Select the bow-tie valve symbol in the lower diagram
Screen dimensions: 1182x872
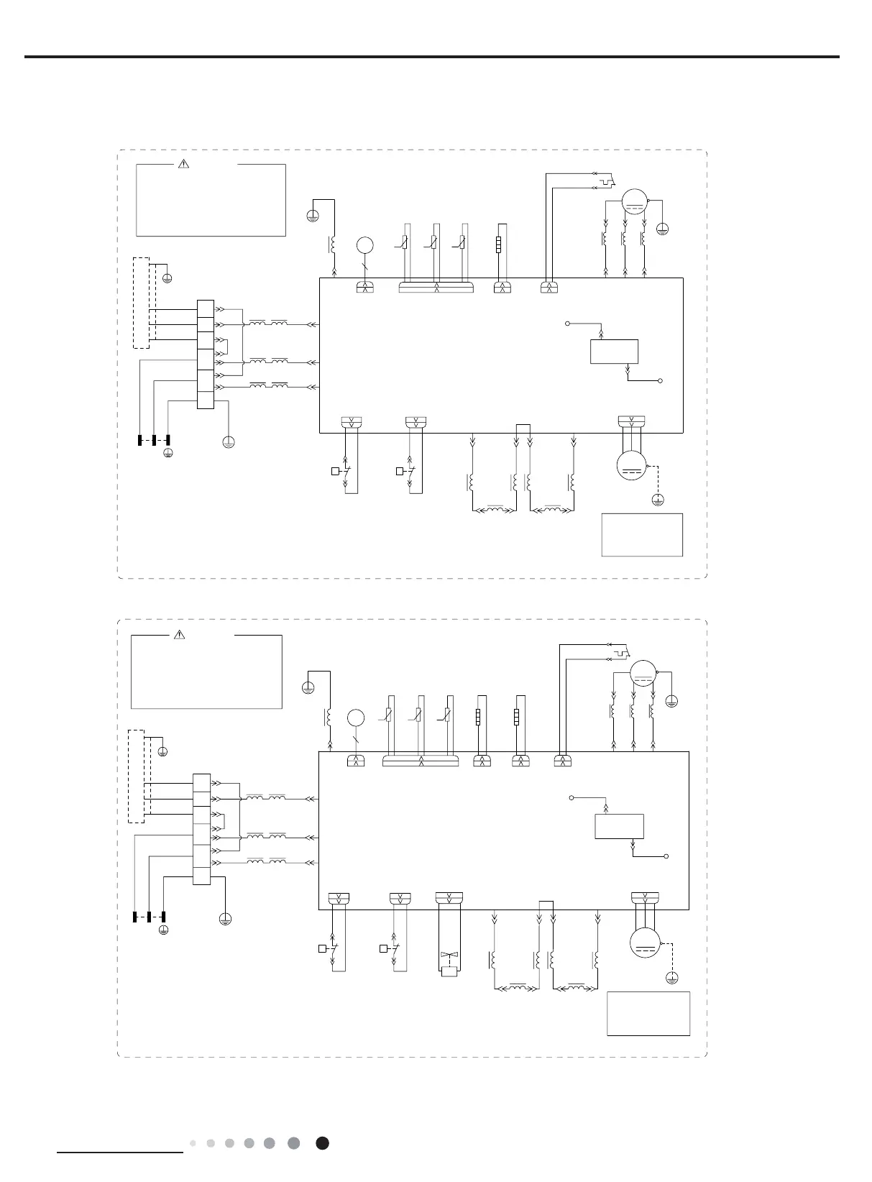pos(450,957)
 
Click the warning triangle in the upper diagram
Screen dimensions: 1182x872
pos(183,163)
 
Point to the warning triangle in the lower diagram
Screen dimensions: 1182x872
pos(180,635)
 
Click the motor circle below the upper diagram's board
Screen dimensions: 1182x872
pos(633,464)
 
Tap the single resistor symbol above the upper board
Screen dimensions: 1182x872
pos(499,242)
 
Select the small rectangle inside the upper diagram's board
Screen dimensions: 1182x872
pos(614,352)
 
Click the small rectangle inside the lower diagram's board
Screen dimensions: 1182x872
pos(619,826)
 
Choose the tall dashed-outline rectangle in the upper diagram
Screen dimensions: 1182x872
pos(142,302)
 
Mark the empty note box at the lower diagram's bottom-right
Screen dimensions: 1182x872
pos(648,1014)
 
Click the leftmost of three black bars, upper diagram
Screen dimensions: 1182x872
pos(139,440)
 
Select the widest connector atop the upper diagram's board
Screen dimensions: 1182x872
pos(436,288)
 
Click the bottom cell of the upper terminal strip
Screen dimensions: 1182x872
pos(206,400)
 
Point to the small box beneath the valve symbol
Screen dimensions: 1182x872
pos(450,973)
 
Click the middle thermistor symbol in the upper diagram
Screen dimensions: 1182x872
pos(434,244)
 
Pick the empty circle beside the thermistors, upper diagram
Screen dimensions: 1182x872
pos(365,245)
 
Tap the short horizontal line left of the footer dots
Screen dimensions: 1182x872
pos(120,1151)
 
